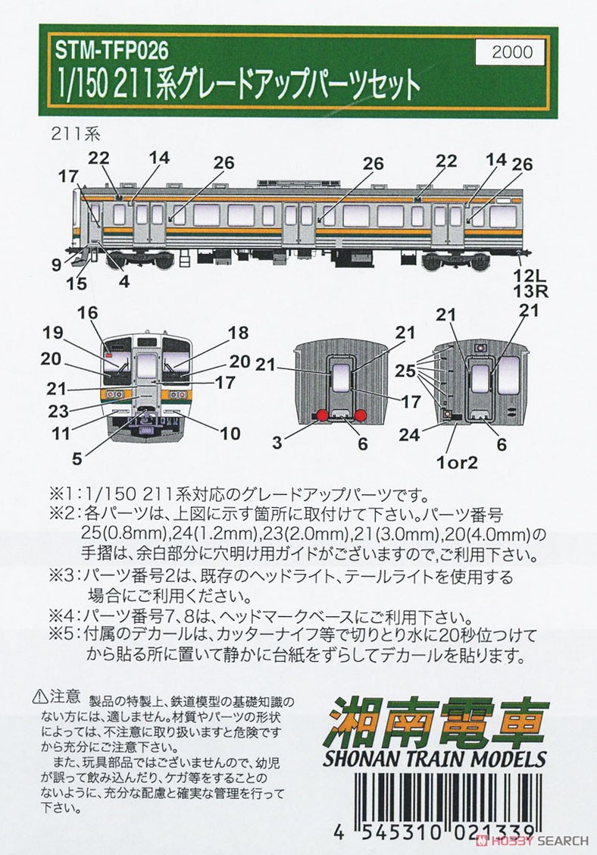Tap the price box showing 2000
coord(512,52)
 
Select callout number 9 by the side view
coord(56,265)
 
